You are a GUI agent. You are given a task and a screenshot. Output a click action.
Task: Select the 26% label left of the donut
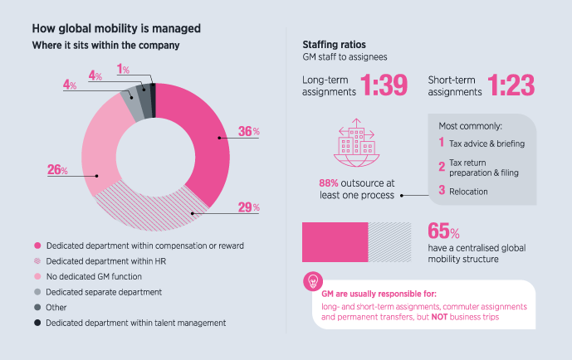tap(57, 171)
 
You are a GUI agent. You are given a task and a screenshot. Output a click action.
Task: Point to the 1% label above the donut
tap(123, 69)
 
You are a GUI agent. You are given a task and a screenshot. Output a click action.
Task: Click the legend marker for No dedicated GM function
tap(37, 276)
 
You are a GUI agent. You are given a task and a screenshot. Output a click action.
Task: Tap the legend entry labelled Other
tap(62, 306)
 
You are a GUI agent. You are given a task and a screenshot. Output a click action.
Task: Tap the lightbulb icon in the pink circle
tap(314, 280)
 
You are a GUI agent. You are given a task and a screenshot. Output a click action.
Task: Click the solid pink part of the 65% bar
tap(335, 243)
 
